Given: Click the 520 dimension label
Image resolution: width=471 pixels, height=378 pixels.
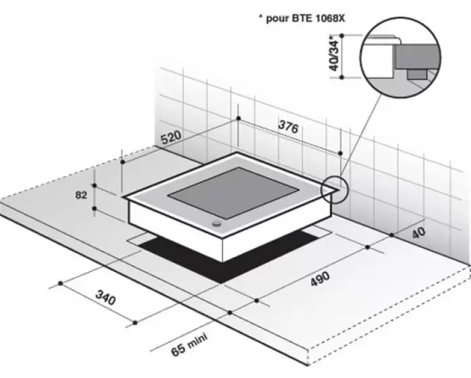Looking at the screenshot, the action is (x=171, y=137).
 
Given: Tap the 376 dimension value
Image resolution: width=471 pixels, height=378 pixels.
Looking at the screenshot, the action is (x=289, y=126).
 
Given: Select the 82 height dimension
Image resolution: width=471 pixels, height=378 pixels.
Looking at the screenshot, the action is (x=81, y=195).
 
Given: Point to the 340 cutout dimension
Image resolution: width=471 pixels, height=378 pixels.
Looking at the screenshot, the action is (x=105, y=297).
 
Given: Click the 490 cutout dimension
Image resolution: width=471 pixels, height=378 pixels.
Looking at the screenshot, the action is (x=320, y=279).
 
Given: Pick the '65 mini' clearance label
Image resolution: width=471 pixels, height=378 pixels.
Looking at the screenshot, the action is (x=189, y=344).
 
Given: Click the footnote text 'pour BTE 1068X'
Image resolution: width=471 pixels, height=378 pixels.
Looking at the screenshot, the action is (x=305, y=18).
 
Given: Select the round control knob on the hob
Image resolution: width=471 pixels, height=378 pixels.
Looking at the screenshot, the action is (x=216, y=223).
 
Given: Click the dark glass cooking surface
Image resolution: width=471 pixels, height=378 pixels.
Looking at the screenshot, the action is (x=233, y=193).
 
